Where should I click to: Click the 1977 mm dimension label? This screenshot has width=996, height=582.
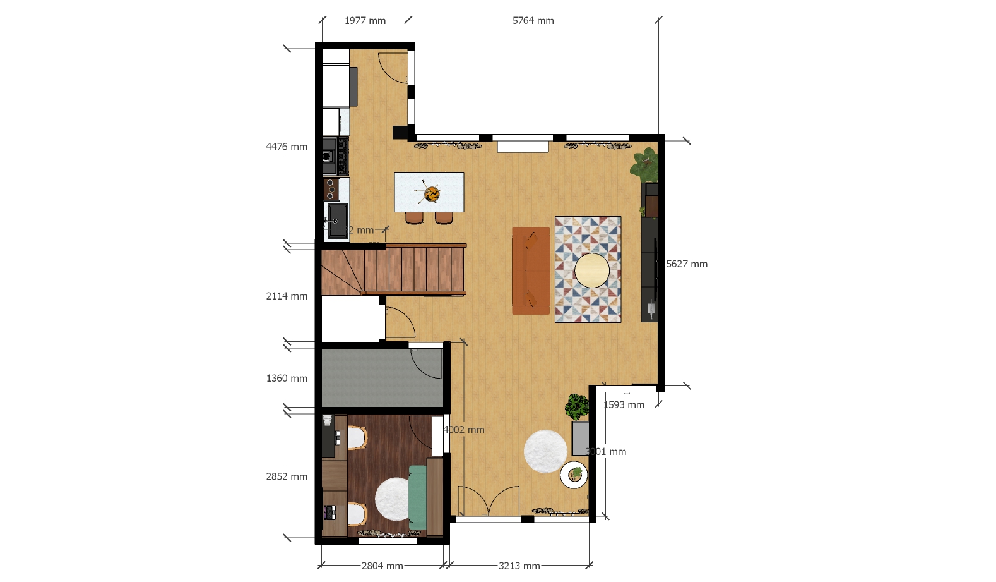click(x=365, y=21)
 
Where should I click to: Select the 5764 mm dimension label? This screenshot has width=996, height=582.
click(x=533, y=21)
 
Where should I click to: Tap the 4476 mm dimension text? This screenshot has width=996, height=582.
click(x=287, y=147)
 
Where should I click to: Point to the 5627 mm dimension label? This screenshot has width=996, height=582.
click(x=687, y=264)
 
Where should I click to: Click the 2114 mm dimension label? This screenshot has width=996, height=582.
click(x=287, y=296)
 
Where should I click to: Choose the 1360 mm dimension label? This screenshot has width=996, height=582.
click(x=287, y=379)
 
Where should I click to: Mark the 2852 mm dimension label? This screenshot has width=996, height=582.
click(x=287, y=476)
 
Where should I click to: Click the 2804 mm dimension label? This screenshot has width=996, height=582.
click(x=382, y=566)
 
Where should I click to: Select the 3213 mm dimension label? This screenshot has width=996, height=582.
click(x=519, y=566)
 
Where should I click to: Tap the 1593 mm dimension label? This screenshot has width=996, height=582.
click(x=624, y=405)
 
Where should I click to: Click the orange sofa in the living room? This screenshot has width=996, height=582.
click(x=531, y=270)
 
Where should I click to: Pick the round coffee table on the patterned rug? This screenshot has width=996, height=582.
click(x=592, y=270)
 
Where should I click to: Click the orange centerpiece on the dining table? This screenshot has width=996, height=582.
click(x=432, y=193)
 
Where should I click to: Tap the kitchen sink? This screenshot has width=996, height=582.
click(x=337, y=221)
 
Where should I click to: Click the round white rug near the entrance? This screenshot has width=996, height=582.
click(x=545, y=451)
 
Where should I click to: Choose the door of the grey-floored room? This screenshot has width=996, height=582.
click(x=427, y=363)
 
